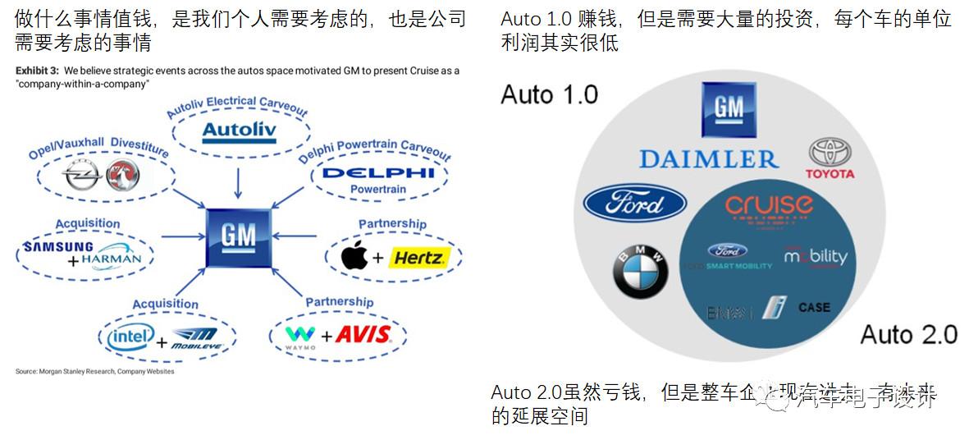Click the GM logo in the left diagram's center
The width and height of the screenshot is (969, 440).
(238, 237)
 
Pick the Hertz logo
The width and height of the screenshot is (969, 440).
(418, 259)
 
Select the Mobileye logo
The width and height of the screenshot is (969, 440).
(194, 335)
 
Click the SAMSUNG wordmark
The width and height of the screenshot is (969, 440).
(58, 247)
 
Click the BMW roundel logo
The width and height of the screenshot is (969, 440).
(641, 272)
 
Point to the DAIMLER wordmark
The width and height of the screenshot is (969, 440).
(708, 158)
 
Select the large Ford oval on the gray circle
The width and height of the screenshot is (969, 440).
(634, 203)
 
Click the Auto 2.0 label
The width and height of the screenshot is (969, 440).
(908, 334)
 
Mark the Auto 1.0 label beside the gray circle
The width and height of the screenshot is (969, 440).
(549, 94)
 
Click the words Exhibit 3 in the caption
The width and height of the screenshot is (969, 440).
(38, 71)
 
